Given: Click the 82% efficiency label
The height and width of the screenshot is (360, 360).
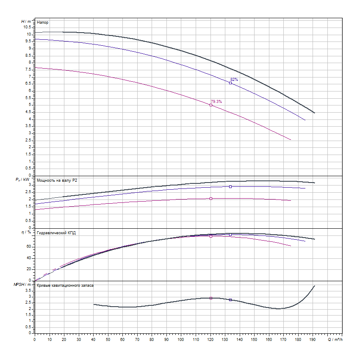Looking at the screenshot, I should click(x=234, y=79).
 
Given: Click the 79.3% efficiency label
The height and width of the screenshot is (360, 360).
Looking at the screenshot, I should click(x=216, y=101).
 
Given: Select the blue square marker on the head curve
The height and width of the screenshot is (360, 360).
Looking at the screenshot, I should click(x=230, y=83).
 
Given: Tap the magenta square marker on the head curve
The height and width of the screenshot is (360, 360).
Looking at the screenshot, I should click(x=211, y=105).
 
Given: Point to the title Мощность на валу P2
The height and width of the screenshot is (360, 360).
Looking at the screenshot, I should click(x=57, y=180).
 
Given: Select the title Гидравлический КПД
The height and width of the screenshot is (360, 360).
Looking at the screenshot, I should click(x=56, y=233).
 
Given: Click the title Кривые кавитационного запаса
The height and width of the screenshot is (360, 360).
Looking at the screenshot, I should click(x=65, y=285).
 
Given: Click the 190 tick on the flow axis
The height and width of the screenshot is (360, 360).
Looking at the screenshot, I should click(x=313, y=340).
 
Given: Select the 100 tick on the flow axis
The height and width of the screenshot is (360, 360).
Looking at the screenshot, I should click(x=181, y=340).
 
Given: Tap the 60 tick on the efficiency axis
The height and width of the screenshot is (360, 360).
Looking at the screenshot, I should click(x=29, y=246).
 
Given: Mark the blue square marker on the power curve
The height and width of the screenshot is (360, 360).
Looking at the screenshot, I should click(x=230, y=187).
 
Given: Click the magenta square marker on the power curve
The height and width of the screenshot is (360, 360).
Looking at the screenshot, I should click(x=211, y=198).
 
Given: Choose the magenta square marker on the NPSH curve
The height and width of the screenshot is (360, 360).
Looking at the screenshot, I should click(x=211, y=298).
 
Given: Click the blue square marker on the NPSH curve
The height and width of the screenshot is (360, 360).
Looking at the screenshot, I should click(x=230, y=300).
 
